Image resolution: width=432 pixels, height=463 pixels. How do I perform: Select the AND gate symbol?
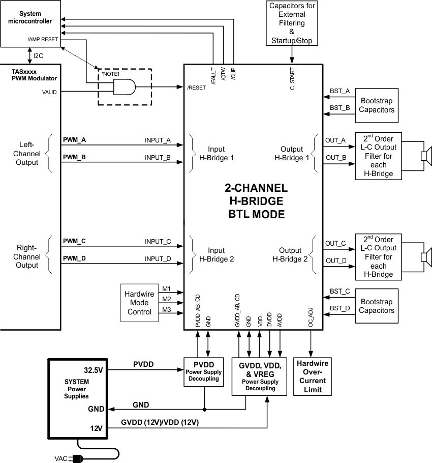[x=125, y=87]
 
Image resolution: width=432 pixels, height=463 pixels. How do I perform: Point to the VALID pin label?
[x=49, y=92]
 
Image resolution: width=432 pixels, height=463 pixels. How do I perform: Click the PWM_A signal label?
[x=74, y=139]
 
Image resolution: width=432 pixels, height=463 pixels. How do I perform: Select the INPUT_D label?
[x=158, y=259]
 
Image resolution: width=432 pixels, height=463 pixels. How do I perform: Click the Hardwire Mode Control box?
[x=138, y=303]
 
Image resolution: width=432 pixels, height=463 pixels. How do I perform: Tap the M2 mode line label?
[x=166, y=299]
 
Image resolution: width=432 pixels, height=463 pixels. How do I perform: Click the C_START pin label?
[x=293, y=79]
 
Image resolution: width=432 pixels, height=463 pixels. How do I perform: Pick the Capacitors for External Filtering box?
[x=292, y=23]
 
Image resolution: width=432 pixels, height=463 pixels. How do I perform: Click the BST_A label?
[x=340, y=91]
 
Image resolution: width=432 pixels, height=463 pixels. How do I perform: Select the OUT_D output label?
[x=335, y=261]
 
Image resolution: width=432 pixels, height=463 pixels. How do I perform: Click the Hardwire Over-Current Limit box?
[x=313, y=377]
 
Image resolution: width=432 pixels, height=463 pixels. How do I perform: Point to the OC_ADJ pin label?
[x=311, y=317]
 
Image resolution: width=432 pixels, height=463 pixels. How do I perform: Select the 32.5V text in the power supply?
[x=94, y=370]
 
